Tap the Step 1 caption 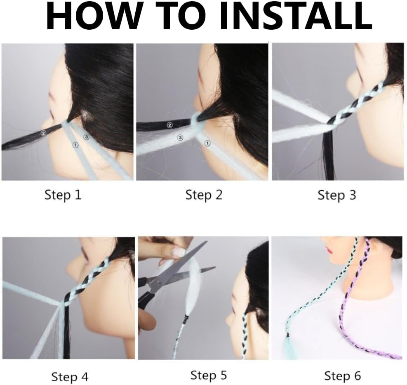[x=63, y=195]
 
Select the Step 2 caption [x=204, y=195]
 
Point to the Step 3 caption [x=336, y=195]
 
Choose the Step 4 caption [x=70, y=377]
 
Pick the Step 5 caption [x=208, y=375]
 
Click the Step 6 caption [x=343, y=376]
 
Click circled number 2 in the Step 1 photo [x=43, y=133]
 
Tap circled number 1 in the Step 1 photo [x=75, y=145]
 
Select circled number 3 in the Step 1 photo [x=86, y=136]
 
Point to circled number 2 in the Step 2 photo [x=169, y=125]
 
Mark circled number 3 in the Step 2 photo [x=180, y=138]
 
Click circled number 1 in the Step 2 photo [x=207, y=143]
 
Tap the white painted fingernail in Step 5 [x=179, y=251]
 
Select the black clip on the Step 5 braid [x=186, y=318]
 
